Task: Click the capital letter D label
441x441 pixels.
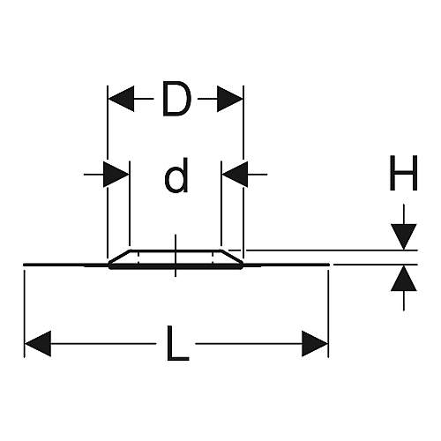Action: pyautogui.click(x=176, y=99)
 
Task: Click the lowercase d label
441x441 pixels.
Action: pyautogui.click(x=176, y=176)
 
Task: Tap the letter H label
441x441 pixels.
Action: pyautogui.click(x=403, y=173)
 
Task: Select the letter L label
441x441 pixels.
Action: pyautogui.click(x=177, y=343)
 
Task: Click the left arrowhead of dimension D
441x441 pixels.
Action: pyautogui.click(x=121, y=99)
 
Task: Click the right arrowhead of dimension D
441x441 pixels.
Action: pyautogui.click(x=230, y=99)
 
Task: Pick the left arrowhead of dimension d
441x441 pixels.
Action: pyautogui.click(x=116, y=175)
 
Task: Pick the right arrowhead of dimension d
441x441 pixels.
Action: pyautogui.click(x=235, y=175)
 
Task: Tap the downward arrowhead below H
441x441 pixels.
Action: pyautogui.click(x=404, y=237)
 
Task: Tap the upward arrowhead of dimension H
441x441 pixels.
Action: pyautogui.click(x=404, y=278)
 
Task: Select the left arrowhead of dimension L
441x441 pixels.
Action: pyautogui.click(x=38, y=343)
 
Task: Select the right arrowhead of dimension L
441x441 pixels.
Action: pyautogui.click(x=315, y=343)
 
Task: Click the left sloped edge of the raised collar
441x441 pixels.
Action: pyautogui.click(x=120, y=256)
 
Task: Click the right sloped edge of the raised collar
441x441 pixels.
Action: pyautogui.click(x=231, y=256)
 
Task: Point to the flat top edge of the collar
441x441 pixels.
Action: pyautogui.click(x=176, y=250)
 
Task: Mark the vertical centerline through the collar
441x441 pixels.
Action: pyautogui.click(x=176, y=256)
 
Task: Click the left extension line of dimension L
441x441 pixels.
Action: pyautogui.click(x=24, y=314)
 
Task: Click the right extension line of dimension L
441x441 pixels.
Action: pyautogui.click(x=328, y=314)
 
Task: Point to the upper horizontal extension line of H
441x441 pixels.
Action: pyautogui.click(x=332, y=250)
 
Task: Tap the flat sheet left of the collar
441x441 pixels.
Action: pyautogui.click(x=66, y=265)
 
